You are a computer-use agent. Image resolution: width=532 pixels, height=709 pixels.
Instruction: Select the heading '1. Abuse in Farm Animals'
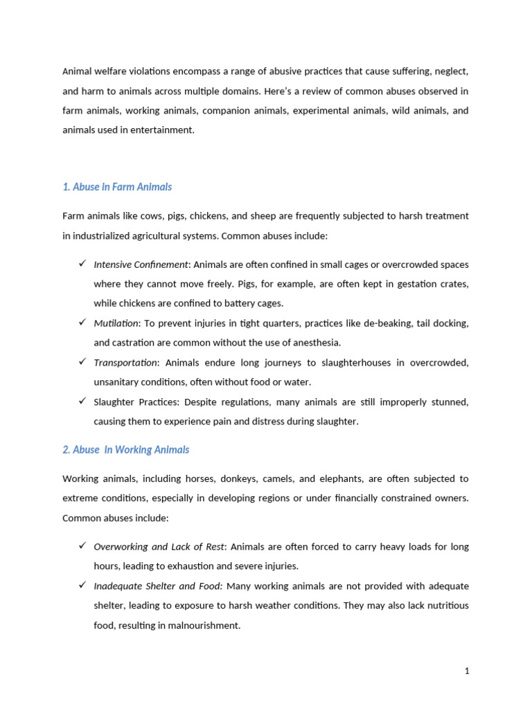(117, 187)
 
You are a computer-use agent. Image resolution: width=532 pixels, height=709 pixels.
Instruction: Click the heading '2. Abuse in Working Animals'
(125, 450)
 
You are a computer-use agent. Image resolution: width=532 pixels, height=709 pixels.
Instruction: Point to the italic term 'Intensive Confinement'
(141, 264)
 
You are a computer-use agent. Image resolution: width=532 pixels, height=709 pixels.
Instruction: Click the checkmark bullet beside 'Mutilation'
(82, 323)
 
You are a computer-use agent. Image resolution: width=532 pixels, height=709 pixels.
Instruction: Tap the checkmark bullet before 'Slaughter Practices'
(82, 402)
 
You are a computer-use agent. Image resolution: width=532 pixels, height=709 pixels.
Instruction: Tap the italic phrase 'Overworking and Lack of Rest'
(159, 547)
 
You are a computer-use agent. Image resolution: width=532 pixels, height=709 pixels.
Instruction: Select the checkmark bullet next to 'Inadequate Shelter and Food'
(82, 586)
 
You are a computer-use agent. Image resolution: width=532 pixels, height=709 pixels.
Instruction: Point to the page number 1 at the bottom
(467, 671)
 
